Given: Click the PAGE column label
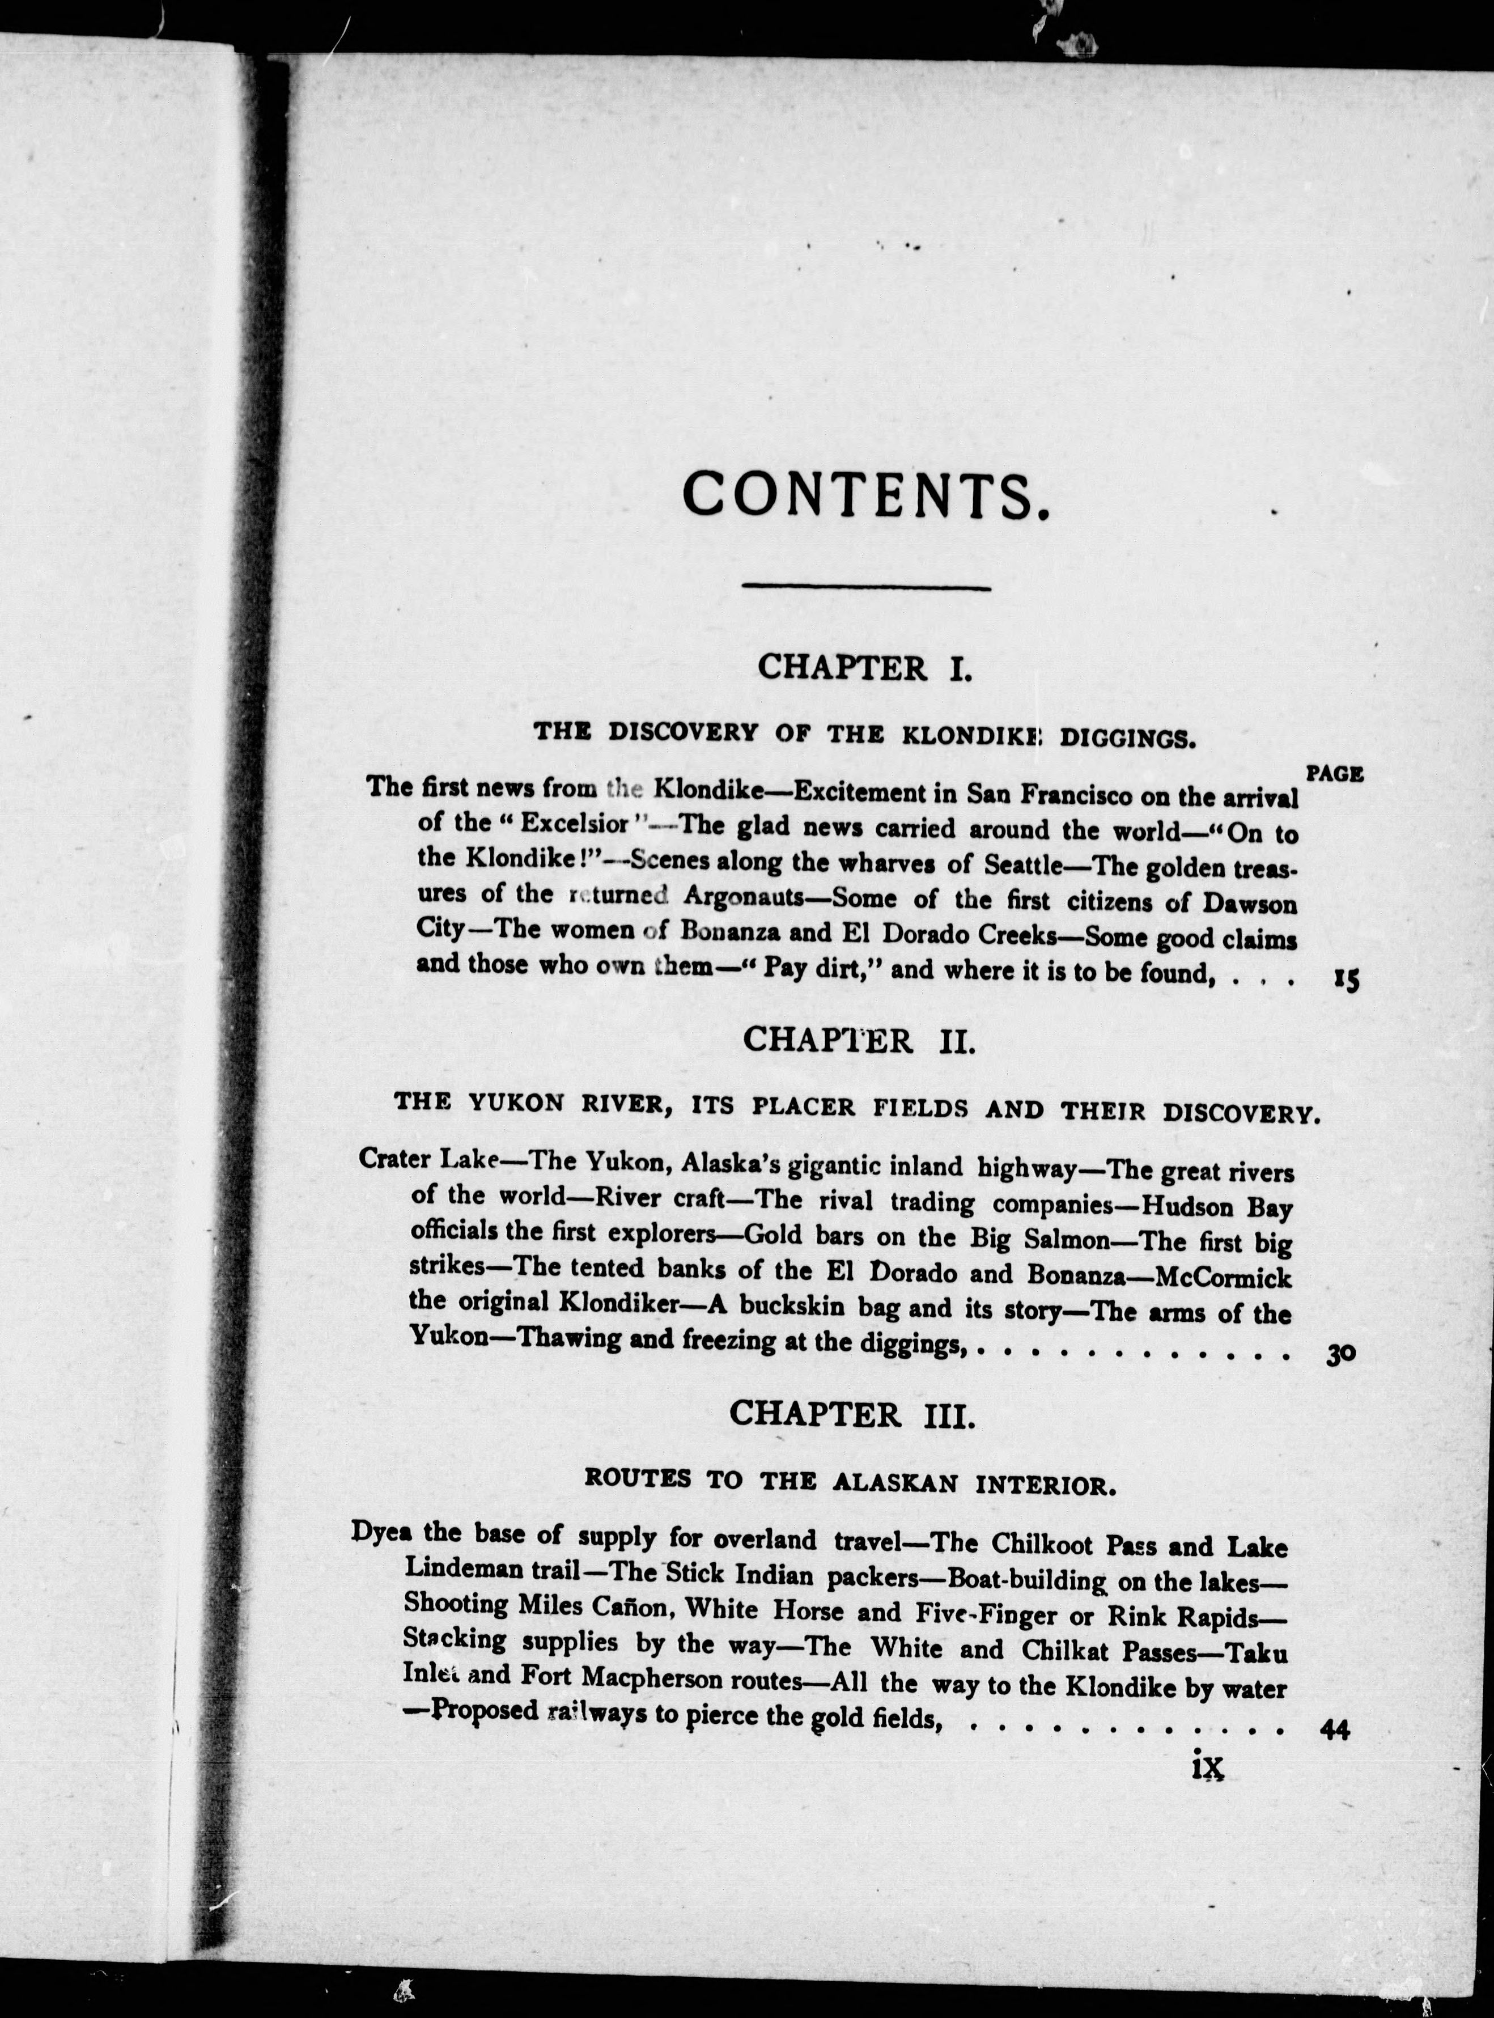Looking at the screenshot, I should pos(1335,774).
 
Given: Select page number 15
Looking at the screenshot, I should pos(1346,979).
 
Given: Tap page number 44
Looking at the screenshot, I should pos(1335,1729).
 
